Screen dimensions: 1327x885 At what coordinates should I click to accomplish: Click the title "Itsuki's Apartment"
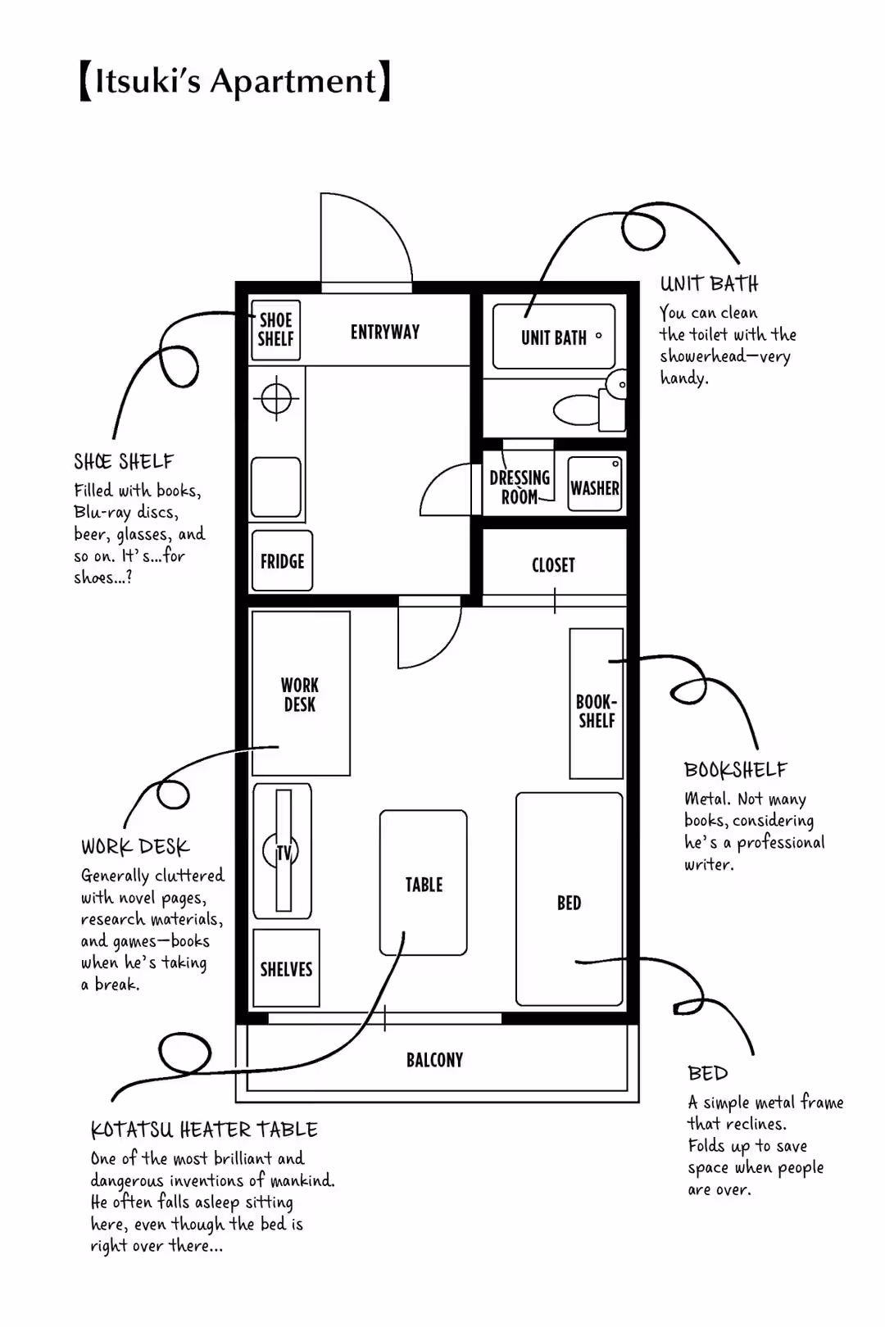tap(235, 81)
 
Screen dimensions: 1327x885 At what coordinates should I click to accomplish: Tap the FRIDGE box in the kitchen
tap(282, 561)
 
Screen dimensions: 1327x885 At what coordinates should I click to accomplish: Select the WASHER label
tap(595, 488)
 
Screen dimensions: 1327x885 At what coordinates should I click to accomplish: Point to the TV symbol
tap(282, 852)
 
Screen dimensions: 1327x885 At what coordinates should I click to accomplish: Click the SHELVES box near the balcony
tap(286, 969)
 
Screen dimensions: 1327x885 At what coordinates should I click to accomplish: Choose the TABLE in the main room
tap(424, 884)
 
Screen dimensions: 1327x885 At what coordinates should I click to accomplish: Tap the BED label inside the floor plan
tap(569, 903)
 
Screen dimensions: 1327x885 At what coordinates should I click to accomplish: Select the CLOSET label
tap(553, 565)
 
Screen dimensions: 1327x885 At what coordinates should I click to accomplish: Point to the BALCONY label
tap(434, 1060)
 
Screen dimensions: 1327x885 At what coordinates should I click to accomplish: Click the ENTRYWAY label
tap(385, 332)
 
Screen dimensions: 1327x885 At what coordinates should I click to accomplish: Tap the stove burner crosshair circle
tap(277, 399)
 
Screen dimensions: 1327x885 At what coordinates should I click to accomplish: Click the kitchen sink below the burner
tap(276, 487)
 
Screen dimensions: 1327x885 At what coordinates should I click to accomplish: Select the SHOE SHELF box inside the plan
tap(275, 329)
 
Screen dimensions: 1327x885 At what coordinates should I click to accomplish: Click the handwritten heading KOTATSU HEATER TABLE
tap(204, 1130)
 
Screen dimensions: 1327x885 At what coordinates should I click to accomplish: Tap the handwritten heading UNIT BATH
tap(710, 284)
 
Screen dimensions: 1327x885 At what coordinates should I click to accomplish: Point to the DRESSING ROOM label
tap(520, 487)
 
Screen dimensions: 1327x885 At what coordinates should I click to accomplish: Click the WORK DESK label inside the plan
tap(300, 695)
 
